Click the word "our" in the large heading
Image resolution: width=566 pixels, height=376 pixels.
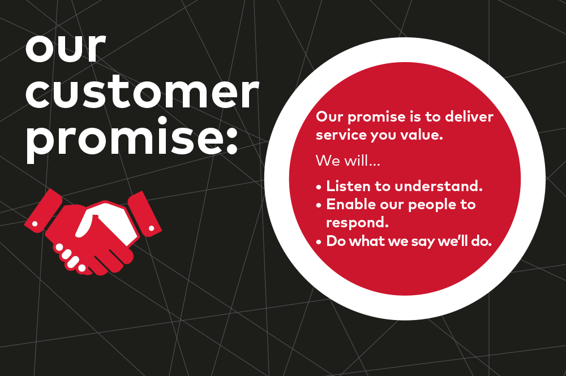[x=66, y=48]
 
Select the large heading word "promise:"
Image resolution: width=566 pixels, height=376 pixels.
[x=131, y=140]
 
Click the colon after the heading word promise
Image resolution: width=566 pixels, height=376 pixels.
[x=231, y=140]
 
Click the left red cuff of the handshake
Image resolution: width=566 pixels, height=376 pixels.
[x=42, y=210]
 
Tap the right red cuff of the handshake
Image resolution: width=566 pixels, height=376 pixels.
[x=144, y=213]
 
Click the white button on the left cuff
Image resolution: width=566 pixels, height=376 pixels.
[x=35, y=224]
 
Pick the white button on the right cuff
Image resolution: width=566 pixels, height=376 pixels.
[x=152, y=228]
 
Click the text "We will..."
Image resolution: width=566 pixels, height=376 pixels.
[x=348, y=161]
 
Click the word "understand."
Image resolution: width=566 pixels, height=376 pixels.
[x=439, y=186]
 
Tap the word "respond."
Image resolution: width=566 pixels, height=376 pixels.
[x=357, y=223]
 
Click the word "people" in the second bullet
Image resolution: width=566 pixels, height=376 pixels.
[x=432, y=205]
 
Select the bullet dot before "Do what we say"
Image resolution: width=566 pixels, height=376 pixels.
[x=318, y=242]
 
